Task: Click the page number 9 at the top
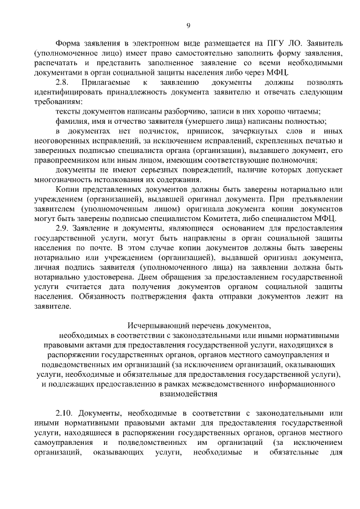188,25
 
